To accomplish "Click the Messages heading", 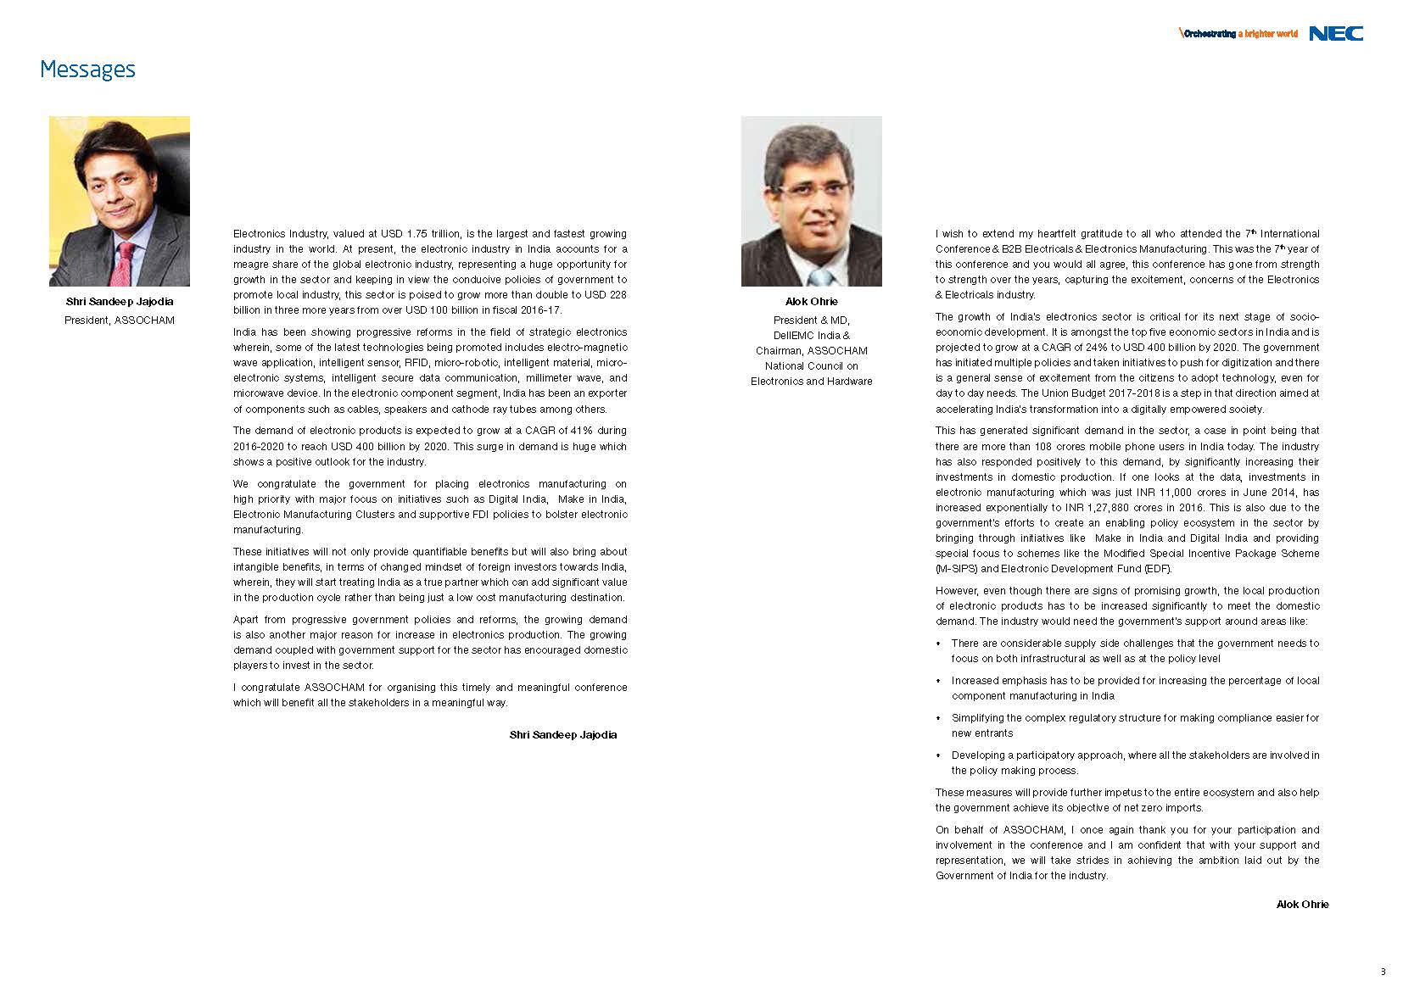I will point(87,70).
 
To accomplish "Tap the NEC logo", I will point(1336,34).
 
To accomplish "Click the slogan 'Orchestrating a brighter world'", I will point(1240,34).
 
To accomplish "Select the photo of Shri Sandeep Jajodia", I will point(120,201).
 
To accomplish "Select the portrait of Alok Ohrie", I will point(811,201).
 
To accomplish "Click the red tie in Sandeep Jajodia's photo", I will point(124,263).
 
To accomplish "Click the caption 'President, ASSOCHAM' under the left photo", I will point(120,320).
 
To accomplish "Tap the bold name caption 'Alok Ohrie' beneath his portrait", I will point(811,302).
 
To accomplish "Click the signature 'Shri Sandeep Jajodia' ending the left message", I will point(563,735).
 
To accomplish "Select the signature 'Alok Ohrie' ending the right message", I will point(1302,905).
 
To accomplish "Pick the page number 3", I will point(1383,972).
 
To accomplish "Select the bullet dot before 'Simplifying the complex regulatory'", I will point(938,719).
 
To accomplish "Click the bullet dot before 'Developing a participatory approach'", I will point(938,756).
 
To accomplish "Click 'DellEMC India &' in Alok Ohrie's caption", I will point(811,336).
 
